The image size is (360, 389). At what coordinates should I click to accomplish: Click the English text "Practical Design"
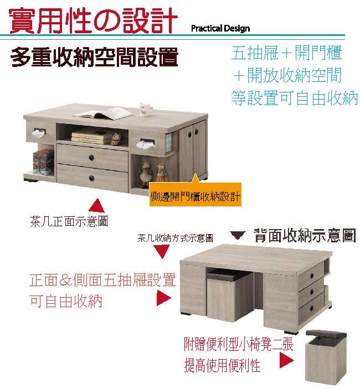220,29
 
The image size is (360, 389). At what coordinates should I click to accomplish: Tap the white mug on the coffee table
145,110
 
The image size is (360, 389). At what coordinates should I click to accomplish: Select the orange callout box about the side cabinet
195,195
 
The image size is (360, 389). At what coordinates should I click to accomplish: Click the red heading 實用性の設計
93,20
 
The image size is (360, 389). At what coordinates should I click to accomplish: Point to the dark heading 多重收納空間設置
94,57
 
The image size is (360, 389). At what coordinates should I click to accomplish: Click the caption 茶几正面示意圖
69,221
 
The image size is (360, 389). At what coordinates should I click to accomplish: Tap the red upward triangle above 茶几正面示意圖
96,206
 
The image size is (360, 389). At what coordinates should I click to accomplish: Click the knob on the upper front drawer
91,158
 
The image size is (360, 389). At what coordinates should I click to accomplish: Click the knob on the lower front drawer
91,178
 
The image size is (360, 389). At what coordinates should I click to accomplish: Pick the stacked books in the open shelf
91,137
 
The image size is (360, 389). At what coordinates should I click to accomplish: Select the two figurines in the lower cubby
153,173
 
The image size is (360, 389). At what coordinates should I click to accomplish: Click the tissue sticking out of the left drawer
39,133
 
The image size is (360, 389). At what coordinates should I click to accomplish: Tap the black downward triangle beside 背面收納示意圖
238,235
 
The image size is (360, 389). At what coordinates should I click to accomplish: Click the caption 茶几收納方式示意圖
175,238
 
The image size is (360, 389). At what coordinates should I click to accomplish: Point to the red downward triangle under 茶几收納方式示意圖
162,252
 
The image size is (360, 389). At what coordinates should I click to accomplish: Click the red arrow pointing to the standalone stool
286,360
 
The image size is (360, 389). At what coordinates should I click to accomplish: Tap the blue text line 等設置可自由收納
295,98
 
